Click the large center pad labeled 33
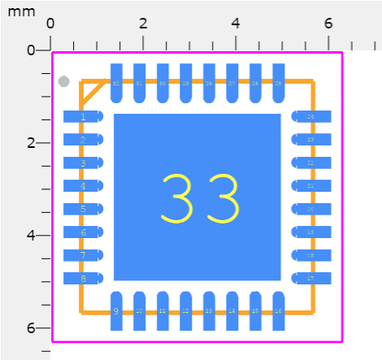click(x=198, y=197)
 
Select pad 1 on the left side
click(x=84, y=117)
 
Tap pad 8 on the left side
click(x=84, y=279)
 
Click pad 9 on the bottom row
click(x=116, y=310)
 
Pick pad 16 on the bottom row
click(x=279, y=310)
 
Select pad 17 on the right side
click(x=310, y=279)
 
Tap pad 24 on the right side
click(x=310, y=117)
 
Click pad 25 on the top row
click(x=279, y=83)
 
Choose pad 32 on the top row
click(x=116, y=83)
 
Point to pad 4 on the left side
click(x=84, y=186)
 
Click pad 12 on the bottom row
click(x=185, y=310)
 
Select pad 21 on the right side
click(x=310, y=186)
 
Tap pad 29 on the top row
click(x=185, y=83)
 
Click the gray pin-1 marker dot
click(x=64, y=81)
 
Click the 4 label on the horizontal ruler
click(x=236, y=23)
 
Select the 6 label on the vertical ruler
click(x=31, y=328)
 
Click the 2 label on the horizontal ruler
click(x=143, y=23)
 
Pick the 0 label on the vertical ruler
click(x=31, y=50)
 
